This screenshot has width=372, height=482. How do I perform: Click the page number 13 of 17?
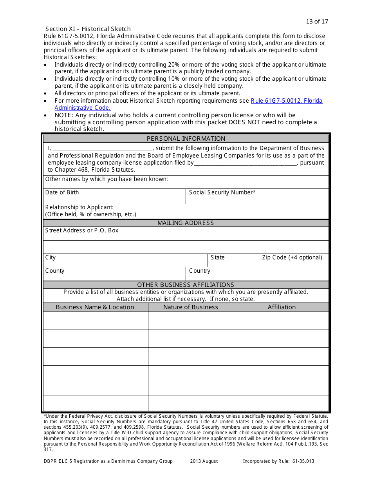tap(317, 22)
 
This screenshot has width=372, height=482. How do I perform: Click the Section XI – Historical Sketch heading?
tap(88, 29)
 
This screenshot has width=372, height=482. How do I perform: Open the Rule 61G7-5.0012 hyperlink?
tap(286, 101)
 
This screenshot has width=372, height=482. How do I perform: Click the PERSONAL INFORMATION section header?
tap(186, 139)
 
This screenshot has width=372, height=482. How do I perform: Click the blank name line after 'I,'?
tap(102, 149)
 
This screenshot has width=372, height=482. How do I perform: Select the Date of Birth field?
tap(114, 196)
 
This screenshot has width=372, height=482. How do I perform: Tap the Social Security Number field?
tap(257, 196)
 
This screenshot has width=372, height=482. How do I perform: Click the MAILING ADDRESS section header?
tap(186, 223)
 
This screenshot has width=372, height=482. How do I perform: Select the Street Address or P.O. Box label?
tap(82, 230)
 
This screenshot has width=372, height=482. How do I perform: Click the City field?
tap(125, 260)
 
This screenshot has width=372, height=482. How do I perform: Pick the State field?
tap(233, 260)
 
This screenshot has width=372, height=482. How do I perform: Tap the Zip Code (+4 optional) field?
tap(294, 260)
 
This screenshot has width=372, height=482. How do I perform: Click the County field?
tap(114, 274)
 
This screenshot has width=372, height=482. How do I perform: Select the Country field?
tap(257, 274)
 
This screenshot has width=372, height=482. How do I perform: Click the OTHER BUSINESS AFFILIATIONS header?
tap(186, 285)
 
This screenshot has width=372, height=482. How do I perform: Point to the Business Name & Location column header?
tap(95, 307)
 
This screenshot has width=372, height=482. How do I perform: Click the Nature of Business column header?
tap(191, 307)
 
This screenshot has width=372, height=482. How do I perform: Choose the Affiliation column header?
tap(282, 307)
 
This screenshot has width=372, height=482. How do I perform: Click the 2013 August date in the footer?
tap(204, 461)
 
